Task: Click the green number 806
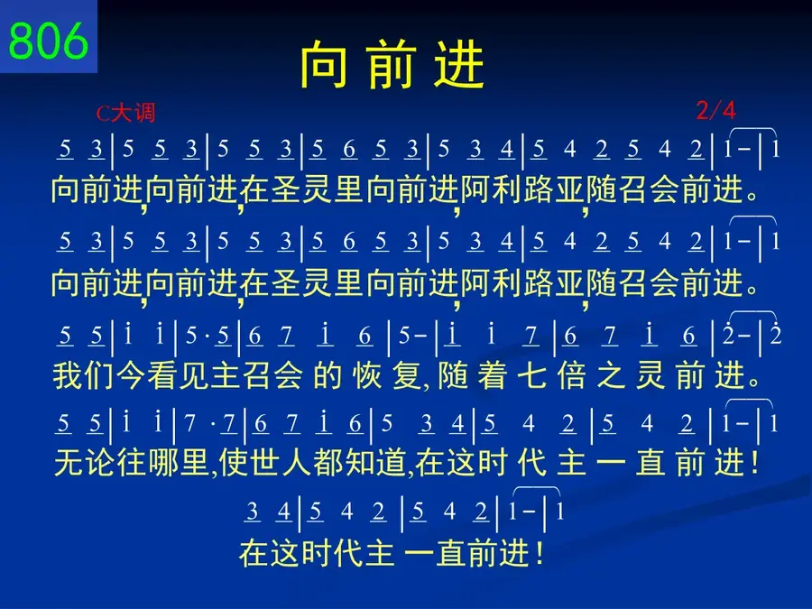pos(48,41)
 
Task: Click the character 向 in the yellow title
pos(324,64)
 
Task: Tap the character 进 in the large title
pos(459,64)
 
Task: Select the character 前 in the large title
pos(392,64)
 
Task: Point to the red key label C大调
pos(125,113)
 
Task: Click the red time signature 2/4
pos(715,110)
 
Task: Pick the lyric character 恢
pos(367,375)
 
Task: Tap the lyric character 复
pos(407,375)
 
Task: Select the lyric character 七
pos(531,375)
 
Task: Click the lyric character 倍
pos(572,375)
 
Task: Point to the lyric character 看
pos(162,375)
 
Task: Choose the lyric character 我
pos(68,375)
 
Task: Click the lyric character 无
pos(69,463)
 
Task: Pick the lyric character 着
pos(492,375)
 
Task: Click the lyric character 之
pos(612,375)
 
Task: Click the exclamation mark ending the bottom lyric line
pos(540,553)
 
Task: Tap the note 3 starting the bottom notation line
pos(253,512)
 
